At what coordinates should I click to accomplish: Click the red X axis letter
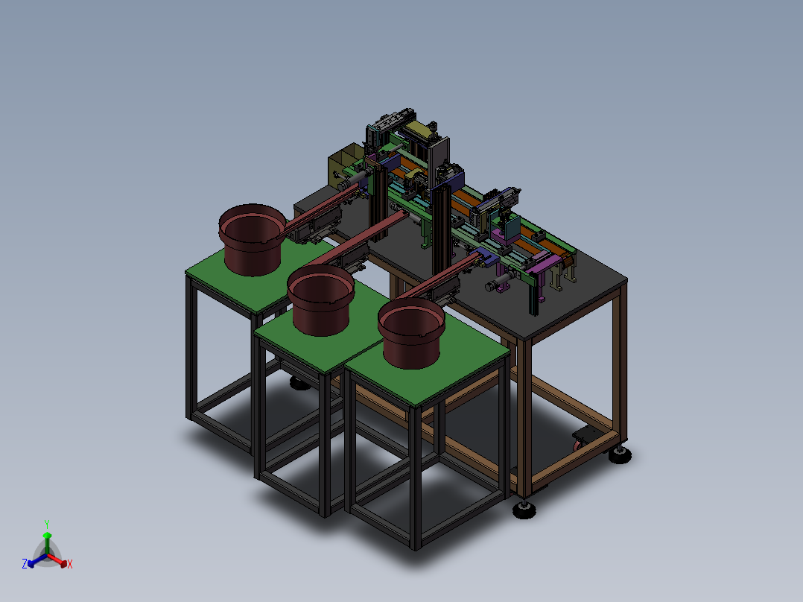(x=70, y=564)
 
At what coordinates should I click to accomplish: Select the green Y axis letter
(x=46, y=524)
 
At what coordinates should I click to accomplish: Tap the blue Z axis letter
(x=25, y=564)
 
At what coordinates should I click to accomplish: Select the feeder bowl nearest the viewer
(x=411, y=333)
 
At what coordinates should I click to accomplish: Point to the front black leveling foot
(x=524, y=511)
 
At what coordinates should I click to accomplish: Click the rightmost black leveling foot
(x=620, y=454)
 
